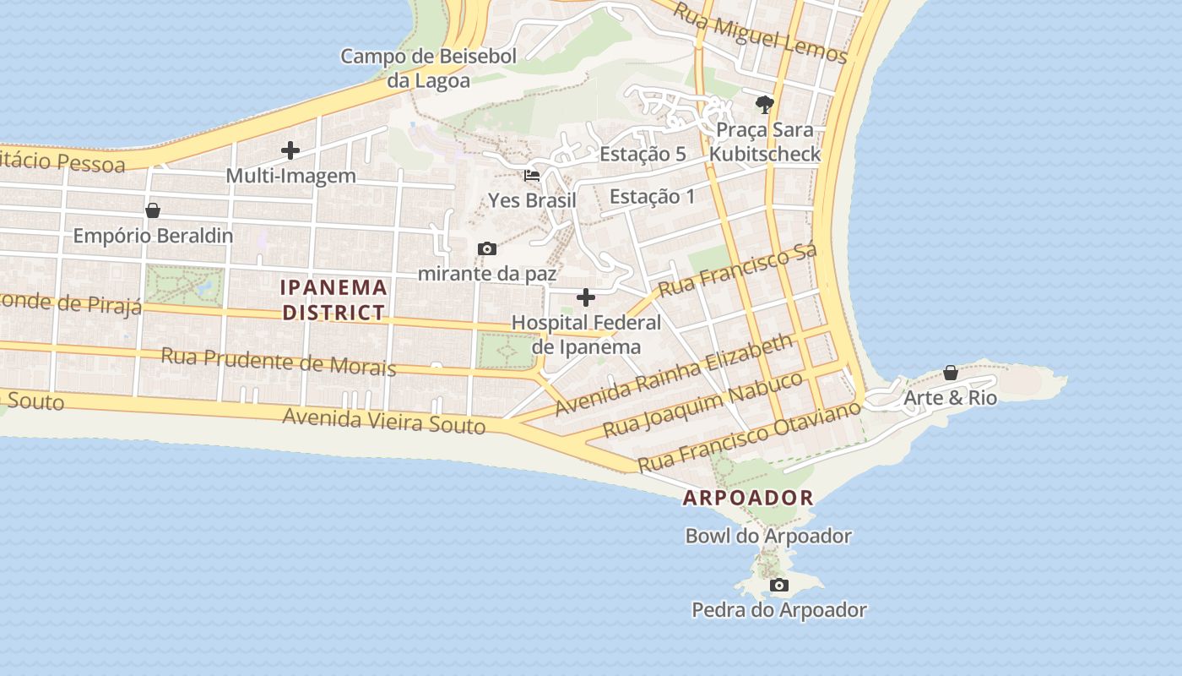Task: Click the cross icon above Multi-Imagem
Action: [x=290, y=151]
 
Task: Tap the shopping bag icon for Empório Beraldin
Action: [x=153, y=210]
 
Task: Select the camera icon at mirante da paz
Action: [x=486, y=248]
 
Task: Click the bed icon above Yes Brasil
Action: [x=532, y=176]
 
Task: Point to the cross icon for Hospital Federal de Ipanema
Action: [x=585, y=297]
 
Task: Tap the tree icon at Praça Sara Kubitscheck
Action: [x=765, y=105]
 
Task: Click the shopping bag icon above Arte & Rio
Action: [x=950, y=373]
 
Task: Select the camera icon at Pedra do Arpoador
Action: [x=778, y=585]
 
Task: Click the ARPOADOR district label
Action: [x=748, y=498]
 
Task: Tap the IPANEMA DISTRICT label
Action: [x=334, y=300]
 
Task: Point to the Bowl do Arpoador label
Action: [x=768, y=536]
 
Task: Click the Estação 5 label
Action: [x=643, y=154]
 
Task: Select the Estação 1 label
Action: [x=652, y=196]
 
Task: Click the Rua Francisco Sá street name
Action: [x=738, y=271]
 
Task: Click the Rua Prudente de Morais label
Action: [x=278, y=361]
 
